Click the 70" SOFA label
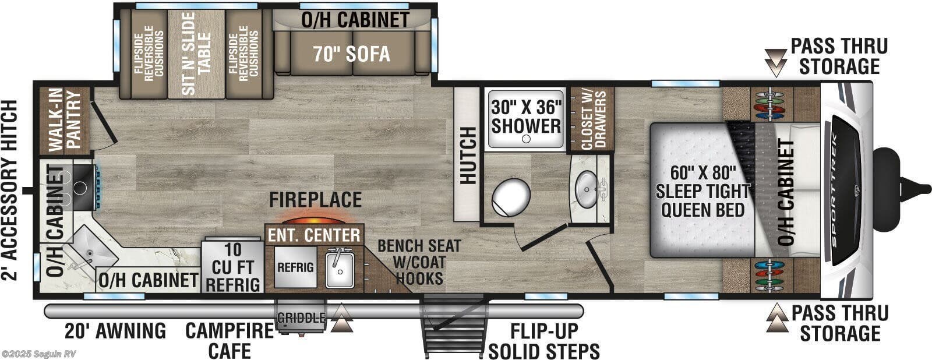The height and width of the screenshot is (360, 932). [351, 54]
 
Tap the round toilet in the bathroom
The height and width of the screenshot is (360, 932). [511, 196]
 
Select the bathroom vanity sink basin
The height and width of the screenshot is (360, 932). [587, 188]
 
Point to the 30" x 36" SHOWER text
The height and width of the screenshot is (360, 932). [526, 117]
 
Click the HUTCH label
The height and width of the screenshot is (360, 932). [467, 156]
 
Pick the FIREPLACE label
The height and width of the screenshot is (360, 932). [315, 200]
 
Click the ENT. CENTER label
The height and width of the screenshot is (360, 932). [313, 235]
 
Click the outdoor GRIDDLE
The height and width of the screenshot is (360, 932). [301, 318]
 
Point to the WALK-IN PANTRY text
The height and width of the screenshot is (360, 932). [65, 121]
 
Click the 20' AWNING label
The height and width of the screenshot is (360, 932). [116, 331]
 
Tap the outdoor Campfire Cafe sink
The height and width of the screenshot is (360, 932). [340, 267]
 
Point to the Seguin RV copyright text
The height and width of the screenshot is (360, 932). [38, 354]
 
